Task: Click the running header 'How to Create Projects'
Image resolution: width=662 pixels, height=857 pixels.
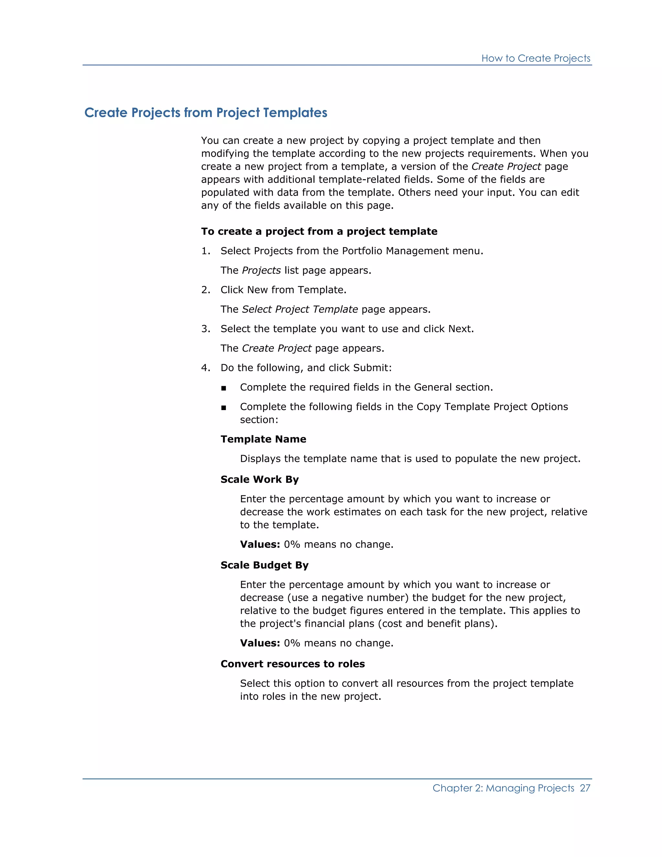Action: tap(535, 59)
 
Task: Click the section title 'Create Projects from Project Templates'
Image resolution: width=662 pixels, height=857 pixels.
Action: tap(206, 113)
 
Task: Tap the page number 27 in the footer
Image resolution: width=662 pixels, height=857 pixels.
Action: tap(585, 788)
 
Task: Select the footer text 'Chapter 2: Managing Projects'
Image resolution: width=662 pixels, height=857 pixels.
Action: tap(503, 788)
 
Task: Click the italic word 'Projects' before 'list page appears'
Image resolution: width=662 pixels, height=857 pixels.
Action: tap(261, 270)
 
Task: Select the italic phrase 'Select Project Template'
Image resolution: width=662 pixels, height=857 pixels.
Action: tap(300, 309)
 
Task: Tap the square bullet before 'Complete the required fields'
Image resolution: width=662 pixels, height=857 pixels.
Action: tap(224, 388)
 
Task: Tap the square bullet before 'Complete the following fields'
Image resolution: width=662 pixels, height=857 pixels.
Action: tap(224, 408)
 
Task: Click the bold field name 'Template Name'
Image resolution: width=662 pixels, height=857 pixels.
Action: tap(263, 439)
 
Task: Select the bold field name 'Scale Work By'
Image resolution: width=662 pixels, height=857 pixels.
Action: tap(259, 480)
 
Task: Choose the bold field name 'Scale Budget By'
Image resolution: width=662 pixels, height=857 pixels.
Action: tap(264, 565)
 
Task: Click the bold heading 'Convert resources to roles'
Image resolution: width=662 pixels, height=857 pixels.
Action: tap(293, 664)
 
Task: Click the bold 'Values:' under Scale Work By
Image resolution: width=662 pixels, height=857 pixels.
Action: tap(260, 544)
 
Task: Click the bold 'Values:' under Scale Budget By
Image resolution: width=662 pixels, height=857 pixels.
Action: tap(260, 643)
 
